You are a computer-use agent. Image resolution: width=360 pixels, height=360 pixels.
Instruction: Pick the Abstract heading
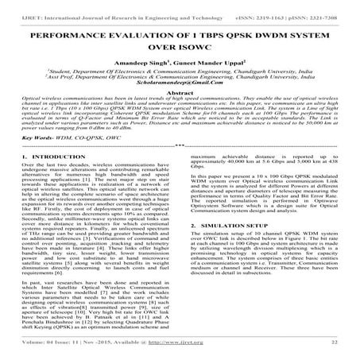coord(180,114)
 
